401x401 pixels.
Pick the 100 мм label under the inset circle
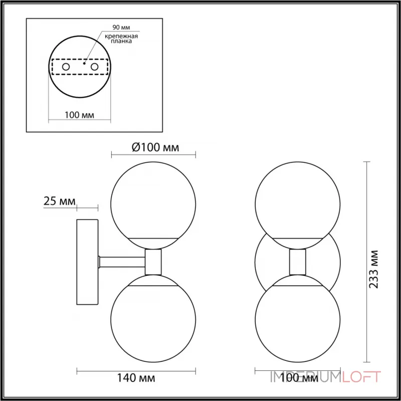click(80, 115)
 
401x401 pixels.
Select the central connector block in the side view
click(153, 262)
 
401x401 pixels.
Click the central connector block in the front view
click(298, 262)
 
